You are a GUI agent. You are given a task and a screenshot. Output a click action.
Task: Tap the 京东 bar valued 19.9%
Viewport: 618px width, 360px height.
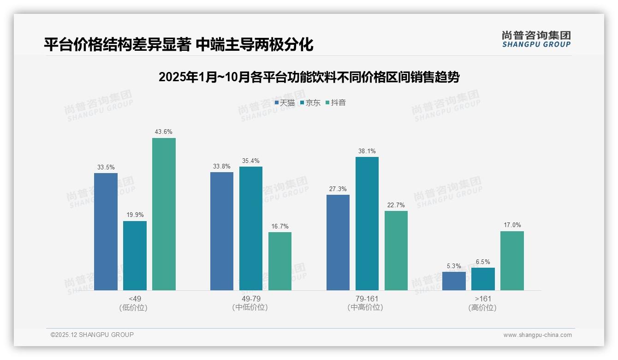(135, 256)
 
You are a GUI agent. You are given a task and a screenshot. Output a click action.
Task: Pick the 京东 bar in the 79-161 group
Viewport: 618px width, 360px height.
(367, 223)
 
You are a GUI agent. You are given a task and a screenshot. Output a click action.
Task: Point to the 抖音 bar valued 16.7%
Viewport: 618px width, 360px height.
(280, 261)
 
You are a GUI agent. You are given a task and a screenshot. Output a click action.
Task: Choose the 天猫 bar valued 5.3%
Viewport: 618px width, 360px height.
(454, 281)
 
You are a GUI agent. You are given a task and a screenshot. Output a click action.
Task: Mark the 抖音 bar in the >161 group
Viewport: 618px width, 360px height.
(512, 261)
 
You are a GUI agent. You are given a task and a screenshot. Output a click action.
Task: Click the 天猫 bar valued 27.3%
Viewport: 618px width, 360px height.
(338, 242)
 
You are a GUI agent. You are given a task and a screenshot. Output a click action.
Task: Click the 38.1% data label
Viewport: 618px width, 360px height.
(367, 151)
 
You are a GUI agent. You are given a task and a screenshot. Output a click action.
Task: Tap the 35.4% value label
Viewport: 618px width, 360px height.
(251, 161)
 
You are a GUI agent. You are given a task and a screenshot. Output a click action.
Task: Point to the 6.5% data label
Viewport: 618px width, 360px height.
(483, 262)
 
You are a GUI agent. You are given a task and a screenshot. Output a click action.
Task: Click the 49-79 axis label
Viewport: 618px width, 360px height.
(251, 299)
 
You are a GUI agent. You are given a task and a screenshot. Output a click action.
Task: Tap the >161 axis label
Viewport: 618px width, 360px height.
(482, 299)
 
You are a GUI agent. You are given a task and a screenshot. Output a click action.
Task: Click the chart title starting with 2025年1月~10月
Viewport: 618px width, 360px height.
(309, 77)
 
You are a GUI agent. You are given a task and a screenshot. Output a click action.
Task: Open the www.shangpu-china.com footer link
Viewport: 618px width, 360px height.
(537, 335)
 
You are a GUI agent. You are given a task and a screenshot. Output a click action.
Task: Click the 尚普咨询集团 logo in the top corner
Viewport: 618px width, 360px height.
(536, 39)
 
